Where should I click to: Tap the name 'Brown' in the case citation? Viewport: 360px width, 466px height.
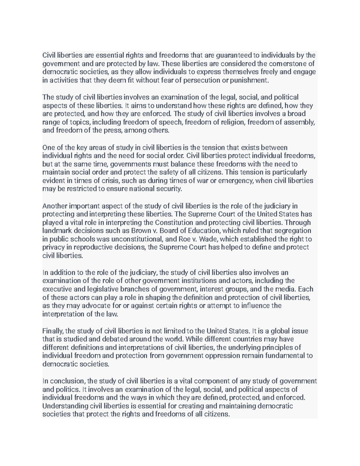(139, 231)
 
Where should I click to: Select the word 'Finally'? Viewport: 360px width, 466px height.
(53, 331)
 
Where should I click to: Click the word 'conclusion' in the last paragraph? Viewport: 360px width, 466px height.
(67, 381)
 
